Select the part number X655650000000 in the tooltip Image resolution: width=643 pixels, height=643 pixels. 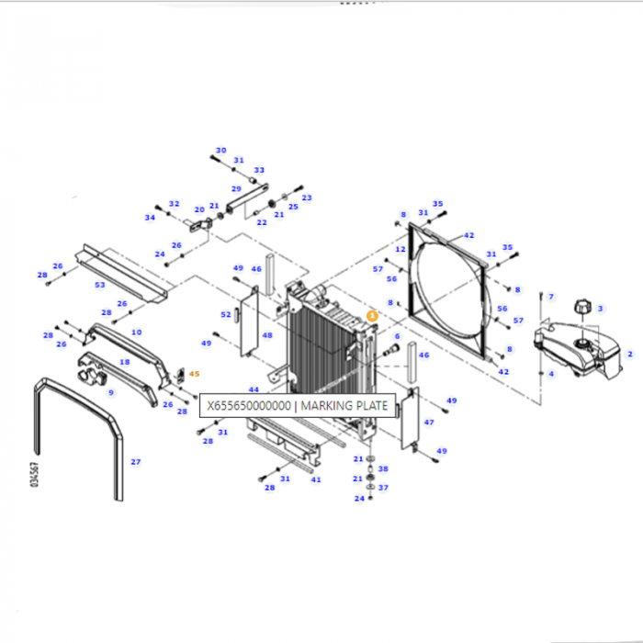point(249,405)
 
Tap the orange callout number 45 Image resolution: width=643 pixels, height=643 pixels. point(194,374)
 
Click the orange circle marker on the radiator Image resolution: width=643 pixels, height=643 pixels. point(372,314)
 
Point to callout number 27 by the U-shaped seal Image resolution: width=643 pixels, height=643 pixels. point(135,462)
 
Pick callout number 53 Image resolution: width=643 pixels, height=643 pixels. point(99,286)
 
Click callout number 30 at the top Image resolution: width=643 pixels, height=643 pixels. point(220,151)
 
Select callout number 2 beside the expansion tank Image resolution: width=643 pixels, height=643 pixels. point(629,354)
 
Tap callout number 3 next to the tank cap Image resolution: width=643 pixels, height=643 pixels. point(600,308)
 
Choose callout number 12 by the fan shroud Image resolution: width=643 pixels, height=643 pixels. point(400,249)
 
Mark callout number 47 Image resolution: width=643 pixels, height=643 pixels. point(428,422)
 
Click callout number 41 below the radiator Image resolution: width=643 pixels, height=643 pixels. point(316,479)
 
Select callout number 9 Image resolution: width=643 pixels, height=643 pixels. point(111,392)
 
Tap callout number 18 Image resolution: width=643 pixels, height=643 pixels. point(125,362)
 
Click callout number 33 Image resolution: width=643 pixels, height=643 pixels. point(259,170)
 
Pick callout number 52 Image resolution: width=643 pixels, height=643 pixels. point(226,314)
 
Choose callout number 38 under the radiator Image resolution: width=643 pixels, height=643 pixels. point(383,468)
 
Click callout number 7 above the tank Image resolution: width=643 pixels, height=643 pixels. point(551,297)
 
